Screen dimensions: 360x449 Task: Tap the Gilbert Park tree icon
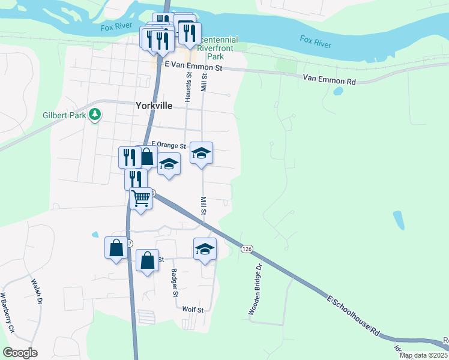(x=94, y=114)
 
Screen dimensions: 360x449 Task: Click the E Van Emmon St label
(x=194, y=68)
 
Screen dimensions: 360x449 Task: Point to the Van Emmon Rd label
(x=329, y=78)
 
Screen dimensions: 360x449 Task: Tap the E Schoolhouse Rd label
(x=354, y=314)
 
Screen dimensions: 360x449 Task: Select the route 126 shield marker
(x=246, y=248)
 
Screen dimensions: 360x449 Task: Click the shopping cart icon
(x=140, y=197)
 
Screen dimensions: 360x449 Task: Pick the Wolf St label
(x=193, y=310)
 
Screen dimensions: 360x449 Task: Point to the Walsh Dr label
(x=36, y=291)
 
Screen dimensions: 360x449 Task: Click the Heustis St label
(x=188, y=86)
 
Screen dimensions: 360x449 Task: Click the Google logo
(x=20, y=353)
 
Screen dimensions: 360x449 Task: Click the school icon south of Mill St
(x=205, y=248)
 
